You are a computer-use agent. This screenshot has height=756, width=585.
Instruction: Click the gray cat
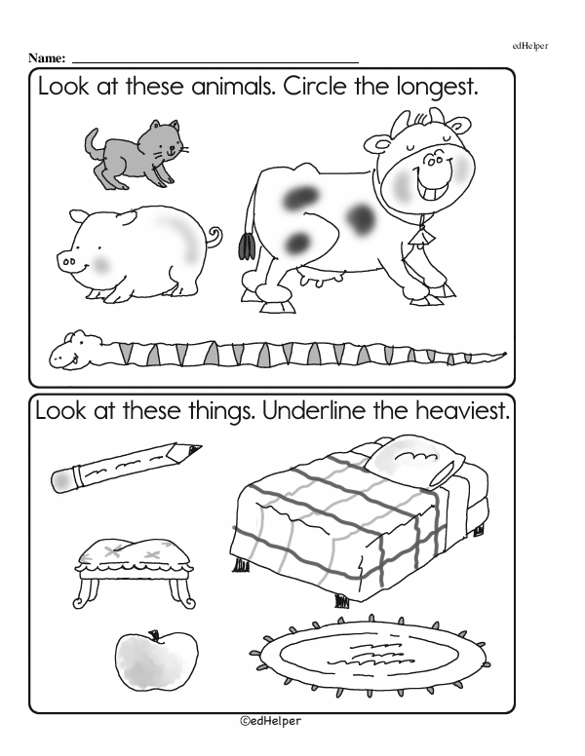point(133,154)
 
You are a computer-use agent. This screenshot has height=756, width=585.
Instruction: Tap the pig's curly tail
point(214,236)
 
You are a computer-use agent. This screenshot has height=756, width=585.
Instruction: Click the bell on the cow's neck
point(421,236)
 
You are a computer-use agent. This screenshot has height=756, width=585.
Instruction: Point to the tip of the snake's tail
point(505,354)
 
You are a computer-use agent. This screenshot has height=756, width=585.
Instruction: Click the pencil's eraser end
point(62,479)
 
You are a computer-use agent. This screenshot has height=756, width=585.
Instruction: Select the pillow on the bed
point(414,461)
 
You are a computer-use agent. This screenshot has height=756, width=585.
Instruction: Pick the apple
point(156,660)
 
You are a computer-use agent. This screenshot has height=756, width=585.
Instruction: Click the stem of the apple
point(154,635)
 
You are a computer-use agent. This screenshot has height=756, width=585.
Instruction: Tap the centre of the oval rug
point(370,655)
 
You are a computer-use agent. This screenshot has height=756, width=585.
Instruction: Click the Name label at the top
point(47,58)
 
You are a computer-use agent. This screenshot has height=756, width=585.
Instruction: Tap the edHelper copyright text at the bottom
point(270,721)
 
